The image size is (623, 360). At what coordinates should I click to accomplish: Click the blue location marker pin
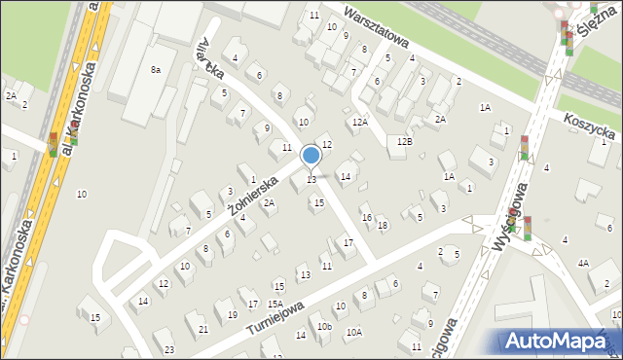(311, 156)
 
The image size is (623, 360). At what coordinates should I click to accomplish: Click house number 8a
(155, 69)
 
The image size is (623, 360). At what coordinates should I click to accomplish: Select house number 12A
(360, 122)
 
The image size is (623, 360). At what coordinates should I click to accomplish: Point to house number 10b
(324, 327)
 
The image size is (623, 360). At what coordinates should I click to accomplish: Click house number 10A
(354, 333)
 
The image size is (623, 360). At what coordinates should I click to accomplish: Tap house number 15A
(275, 305)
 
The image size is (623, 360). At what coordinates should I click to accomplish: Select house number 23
(169, 349)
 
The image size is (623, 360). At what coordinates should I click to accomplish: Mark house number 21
(202, 329)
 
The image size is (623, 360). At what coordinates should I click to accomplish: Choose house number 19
(232, 315)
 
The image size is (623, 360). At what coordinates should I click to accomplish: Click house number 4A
(583, 264)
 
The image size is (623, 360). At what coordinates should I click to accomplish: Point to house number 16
(366, 217)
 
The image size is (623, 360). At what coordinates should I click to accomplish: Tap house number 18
(383, 226)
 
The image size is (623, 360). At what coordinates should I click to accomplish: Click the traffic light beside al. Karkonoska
(54, 145)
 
